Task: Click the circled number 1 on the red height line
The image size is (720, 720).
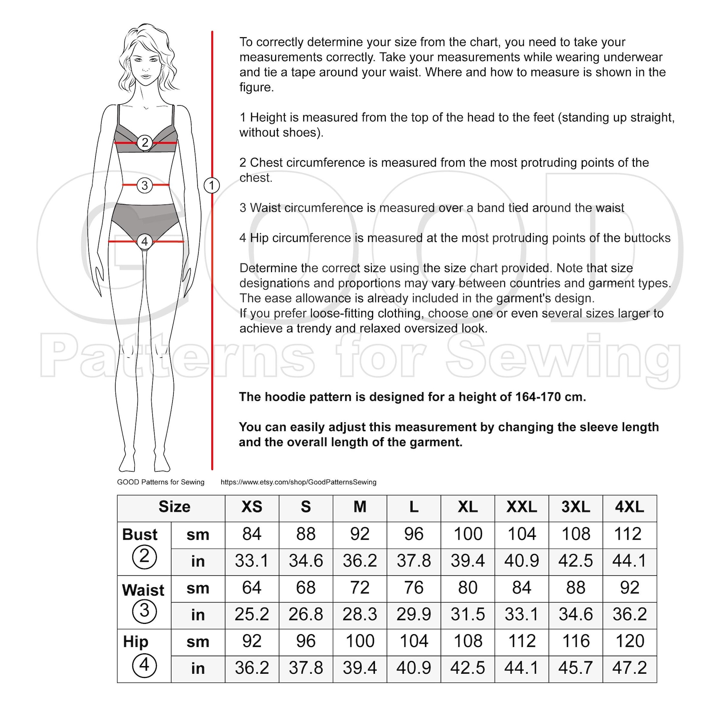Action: coord(212,185)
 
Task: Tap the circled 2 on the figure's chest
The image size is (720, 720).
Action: coord(145,142)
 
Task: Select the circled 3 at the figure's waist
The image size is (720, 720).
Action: coord(145,185)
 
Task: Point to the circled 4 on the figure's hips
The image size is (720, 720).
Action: coord(145,242)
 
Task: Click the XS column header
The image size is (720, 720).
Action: coord(252,507)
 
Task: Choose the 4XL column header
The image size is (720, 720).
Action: coord(629,507)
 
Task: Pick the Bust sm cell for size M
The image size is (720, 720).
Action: coord(360,534)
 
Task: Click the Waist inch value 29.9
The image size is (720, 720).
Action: coord(414,614)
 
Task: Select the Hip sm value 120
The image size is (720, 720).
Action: coord(629,641)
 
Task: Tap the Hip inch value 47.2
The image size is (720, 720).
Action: coord(629,668)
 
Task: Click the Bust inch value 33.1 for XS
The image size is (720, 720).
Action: coord(252,561)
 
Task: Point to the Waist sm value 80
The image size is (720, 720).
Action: coord(467,588)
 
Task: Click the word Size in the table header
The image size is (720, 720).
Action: coord(174,507)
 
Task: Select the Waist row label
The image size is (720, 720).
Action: coord(143,590)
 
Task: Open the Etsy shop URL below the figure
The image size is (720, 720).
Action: coord(298,482)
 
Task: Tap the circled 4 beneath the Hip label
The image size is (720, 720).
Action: coord(144,665)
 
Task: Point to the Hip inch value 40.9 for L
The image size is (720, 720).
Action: coord(414,668)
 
